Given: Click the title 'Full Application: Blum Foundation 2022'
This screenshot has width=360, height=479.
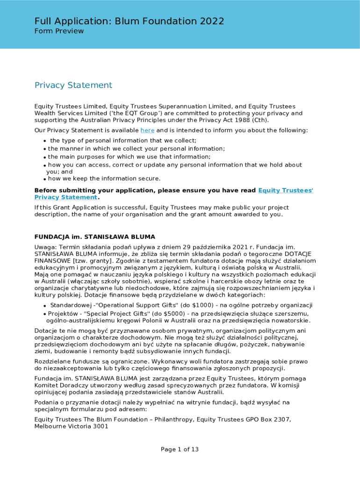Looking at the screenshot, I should [x=129, y=21].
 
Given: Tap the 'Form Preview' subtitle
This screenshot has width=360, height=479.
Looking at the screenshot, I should [x=59, y=31].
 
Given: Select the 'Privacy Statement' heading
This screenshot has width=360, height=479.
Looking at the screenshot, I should [x=73, y=85].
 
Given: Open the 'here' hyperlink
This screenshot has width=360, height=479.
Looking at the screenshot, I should [x=147, y=131].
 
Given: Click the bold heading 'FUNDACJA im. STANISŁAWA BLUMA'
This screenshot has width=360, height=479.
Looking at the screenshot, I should [x=95, y=237].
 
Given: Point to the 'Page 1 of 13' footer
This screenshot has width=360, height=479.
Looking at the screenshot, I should [x=180, y=450].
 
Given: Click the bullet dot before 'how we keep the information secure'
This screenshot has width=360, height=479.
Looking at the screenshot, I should [x=44, y=179].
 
